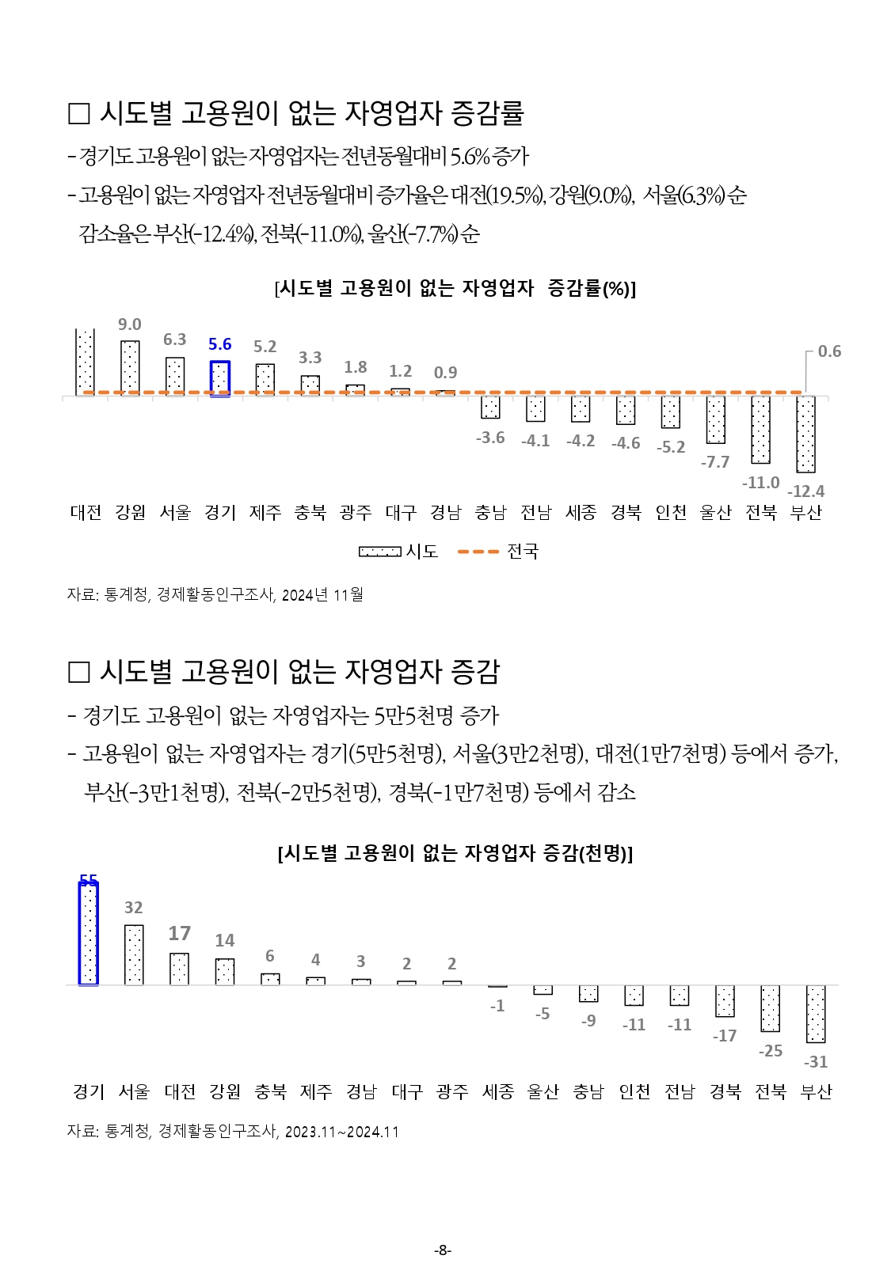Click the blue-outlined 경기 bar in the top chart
pyautogui.click(x=220, y=378)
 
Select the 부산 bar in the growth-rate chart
pyautogui.click(x=806, y=433)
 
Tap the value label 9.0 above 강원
pyautogui.click(x=130, y=324)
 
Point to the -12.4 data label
pyautogui.click(x=805, y=491)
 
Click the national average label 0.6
pyautogui.click(x=829, y=351)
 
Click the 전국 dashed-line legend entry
pyautogui.click(x=498, y=551)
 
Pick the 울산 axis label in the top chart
pyautogui.click(x=716, y=513)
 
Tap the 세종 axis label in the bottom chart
pyautogui.click(x=498, y=1092)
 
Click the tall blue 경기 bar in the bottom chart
pyautogui.click(x=89, y=934)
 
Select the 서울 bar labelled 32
pyautogui.click(x=134, y=954)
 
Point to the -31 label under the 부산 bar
pyautogui.click(x=816, y=1062)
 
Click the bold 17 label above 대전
pyautogui.click(x=180, y=934)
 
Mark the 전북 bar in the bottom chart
pyautogui.click(x=770, y=1008)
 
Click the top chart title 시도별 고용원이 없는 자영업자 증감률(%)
pyautogui.click(x=455, y=288)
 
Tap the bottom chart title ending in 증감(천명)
pyautogui.click(x=455, y=853)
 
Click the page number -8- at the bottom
pyautogui.click(x=444, y=1250)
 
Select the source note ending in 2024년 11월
pyautogui.click(x=215, y=594)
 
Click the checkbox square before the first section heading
pyautogui.click(x=79, y=114)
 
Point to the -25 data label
pyautogui.click(x=771, y=1051)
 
